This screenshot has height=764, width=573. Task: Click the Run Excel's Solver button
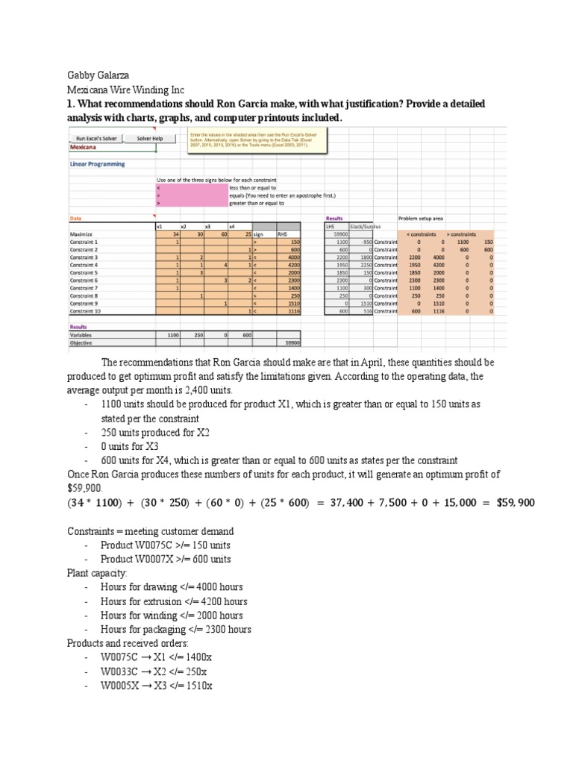tap(96, 138)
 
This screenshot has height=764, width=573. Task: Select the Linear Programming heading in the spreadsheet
tap(97, 164)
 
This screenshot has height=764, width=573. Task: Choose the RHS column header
tap(282, 234)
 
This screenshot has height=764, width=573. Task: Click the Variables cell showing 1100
tap(169, 335)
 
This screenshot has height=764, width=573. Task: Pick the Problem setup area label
tap(420, 218)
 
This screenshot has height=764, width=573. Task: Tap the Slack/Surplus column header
tap(366, 226)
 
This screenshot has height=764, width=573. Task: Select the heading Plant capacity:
tap(97, 573)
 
